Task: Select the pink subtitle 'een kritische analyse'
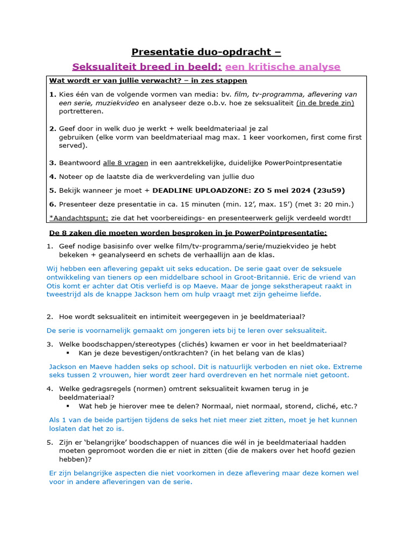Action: click(282, 67)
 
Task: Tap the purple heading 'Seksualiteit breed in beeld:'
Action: click(147, 67)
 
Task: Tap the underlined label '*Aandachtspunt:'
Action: click(79, 218)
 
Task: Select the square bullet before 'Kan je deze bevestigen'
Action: click(68, 353)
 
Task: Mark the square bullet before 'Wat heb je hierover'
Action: click(68, 406)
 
